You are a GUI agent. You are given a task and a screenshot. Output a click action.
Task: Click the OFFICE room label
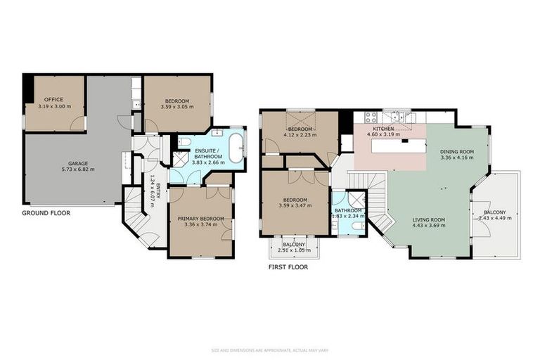[54, 100]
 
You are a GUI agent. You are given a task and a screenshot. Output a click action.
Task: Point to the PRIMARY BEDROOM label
[200, 219]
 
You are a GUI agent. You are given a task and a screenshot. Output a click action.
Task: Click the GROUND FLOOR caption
[46, 212]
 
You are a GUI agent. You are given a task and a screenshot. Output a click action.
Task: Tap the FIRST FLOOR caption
[288, 267]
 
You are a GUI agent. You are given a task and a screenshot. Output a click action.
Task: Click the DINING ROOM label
[457, 151]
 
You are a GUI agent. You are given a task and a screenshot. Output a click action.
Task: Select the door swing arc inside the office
[76, 122]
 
